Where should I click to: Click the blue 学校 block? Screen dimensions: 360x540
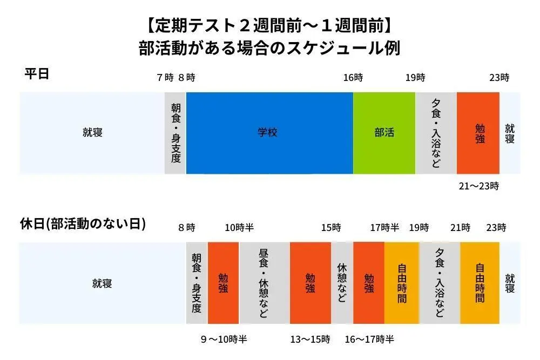(269, 133)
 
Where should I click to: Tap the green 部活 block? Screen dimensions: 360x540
(384, 133)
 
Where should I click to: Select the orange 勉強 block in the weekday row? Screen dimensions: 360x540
(478, 133)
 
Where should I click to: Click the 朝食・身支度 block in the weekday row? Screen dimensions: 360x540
(175, 133)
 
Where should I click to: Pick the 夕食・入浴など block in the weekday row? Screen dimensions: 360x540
(436, 133)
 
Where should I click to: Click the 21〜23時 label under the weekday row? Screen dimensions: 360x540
(478, 186)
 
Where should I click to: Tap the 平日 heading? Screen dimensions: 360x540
(37, 74)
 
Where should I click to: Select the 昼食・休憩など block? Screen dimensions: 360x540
(264, 283)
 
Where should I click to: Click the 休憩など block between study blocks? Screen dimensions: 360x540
(342, 283)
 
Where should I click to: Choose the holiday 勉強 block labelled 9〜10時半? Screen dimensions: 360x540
(223, 283)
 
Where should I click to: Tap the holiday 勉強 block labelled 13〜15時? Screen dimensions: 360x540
(310, 283)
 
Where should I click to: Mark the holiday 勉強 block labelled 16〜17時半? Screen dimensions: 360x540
(369, 283)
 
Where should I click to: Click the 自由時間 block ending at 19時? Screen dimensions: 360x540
(402, 283)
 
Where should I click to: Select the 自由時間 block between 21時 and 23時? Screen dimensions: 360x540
(480, 283)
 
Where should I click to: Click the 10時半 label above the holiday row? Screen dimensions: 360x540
(239, 228)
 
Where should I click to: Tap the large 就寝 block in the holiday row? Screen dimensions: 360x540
(102, 283)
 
